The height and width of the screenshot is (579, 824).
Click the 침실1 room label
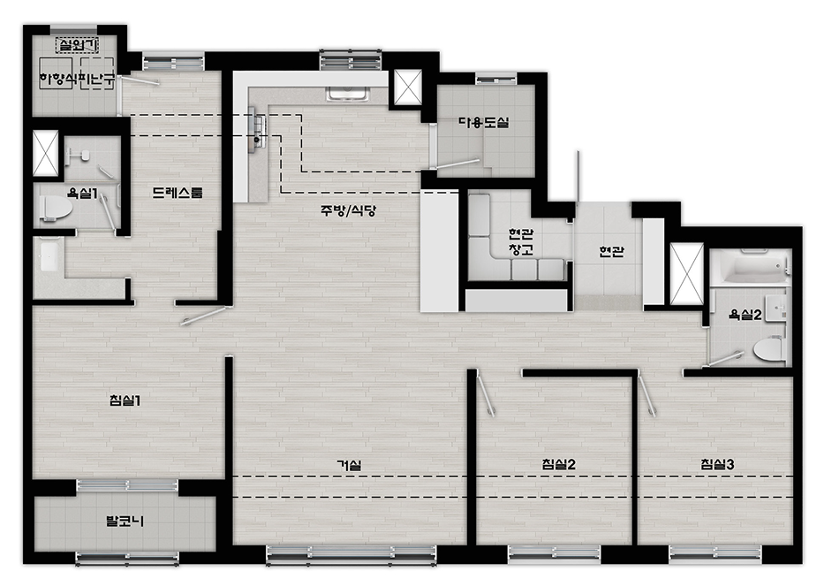[125, 400]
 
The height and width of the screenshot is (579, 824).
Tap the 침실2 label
[558, 464]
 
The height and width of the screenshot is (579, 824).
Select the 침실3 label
[717, 464]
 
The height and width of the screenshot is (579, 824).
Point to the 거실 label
[349, 465]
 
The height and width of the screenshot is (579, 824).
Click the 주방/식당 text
[349, 211]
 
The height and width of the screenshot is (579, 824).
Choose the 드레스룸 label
[178, 193]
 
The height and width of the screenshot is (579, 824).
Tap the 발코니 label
[125, 522]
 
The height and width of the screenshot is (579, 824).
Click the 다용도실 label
[483, 123]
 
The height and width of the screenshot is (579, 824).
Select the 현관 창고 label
[521, 241]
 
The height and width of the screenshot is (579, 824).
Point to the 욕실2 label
[745, 315]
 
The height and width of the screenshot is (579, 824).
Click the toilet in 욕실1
[56, 207]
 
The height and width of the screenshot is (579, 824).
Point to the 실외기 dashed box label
[77, 45]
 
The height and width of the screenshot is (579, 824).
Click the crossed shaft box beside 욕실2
[687, 274]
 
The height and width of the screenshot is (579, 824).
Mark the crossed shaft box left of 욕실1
[46, 153]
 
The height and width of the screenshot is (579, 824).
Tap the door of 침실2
[486, 394]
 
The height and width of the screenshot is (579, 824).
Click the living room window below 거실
[351, 555]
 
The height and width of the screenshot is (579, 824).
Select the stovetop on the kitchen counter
[259, 130]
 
